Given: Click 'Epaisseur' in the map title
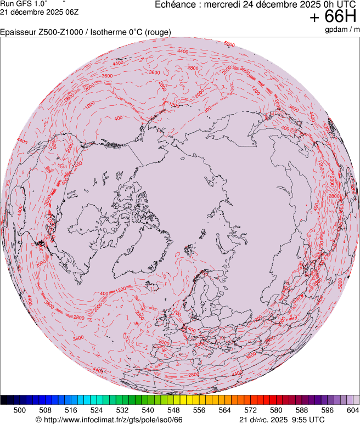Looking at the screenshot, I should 18,32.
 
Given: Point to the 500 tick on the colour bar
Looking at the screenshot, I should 20,410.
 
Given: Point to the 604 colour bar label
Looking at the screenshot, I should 353,410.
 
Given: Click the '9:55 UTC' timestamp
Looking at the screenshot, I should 305,420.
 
